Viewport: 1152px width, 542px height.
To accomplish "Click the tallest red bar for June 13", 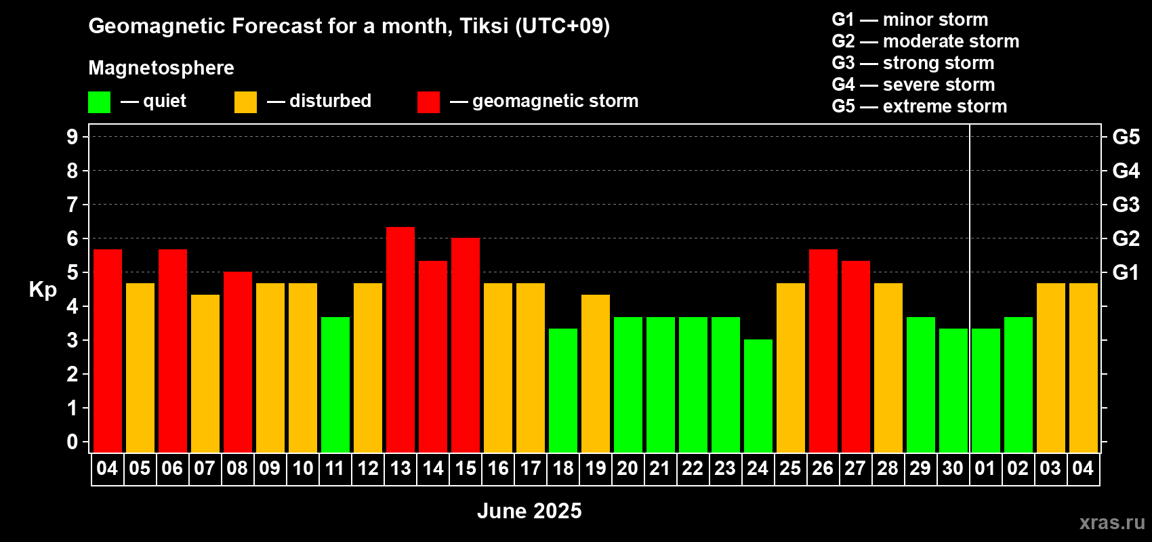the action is tap(400, 339).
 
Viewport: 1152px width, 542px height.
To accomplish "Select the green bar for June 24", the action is tap(758, 396).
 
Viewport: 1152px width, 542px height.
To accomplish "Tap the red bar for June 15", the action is tap(466, 345).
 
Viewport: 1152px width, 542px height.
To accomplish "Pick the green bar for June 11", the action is tap(335, 385).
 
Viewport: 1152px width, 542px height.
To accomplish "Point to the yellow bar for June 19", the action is tap(596, 373).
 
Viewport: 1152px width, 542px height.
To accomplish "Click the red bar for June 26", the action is tap(823, 351).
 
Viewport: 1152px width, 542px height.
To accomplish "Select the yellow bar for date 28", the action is tap(888, 368).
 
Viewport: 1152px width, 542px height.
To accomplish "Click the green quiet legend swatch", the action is tap(99, 102).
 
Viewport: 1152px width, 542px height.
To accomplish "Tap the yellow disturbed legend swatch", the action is tap(245, 102).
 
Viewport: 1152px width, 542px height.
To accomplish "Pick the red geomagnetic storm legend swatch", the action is tap(428, 102).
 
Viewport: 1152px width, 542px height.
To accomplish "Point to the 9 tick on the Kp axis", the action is tap(72, 137).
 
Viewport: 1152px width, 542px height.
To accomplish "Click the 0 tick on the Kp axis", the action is tap(72, 442).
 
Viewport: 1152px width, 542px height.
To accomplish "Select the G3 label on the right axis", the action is tap(1126, 205).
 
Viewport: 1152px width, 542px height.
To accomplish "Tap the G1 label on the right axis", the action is tap(1126, 272).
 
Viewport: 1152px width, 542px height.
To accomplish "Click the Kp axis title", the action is tap(43, 290).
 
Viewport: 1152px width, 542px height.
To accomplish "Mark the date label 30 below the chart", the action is tap(953, 468).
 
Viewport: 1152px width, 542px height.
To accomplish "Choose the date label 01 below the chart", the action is tap(985, 468).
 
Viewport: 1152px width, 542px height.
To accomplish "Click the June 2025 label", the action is tap(529, 511).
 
